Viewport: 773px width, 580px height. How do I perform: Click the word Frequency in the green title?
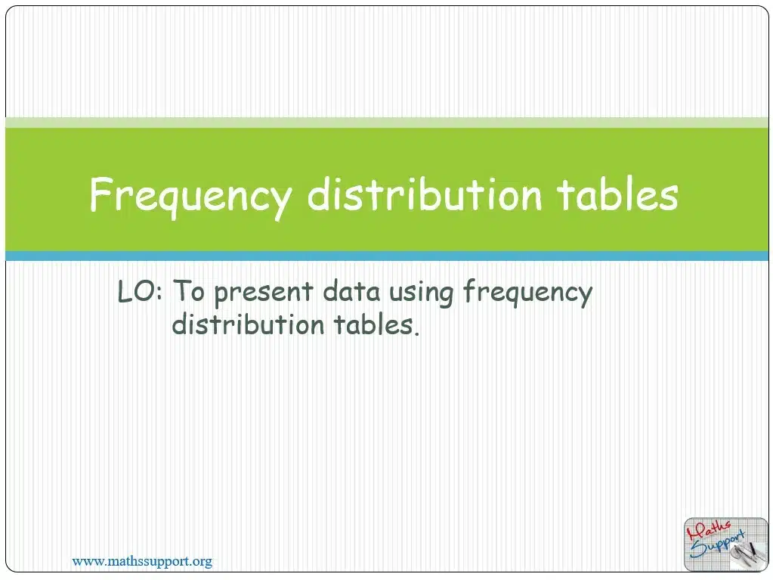(x=191, y=197)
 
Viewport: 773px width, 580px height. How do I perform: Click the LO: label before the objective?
(x=140, y=291)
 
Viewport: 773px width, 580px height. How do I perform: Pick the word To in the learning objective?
(x=189, y=290)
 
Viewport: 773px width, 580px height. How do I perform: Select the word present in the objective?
(x=264, y=293)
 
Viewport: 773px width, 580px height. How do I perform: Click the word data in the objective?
(x=351, y=290)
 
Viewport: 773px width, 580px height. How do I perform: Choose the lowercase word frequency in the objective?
(x=528, y=293)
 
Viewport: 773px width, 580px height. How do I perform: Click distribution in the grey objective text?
(x=248, y=324)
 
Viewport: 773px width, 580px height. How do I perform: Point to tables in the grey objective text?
(x=373, y=324)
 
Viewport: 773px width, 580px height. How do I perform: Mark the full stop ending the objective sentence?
(x=417, y=333)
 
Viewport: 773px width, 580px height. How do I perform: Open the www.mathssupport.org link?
(x=142, y=561)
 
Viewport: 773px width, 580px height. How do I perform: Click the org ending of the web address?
(x=203, y=563)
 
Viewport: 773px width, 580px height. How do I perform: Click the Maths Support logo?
(x=725, y=544)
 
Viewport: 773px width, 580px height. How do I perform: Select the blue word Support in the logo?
(x=718, y=545)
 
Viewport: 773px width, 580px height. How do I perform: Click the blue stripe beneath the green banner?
(x=387, y=256)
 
